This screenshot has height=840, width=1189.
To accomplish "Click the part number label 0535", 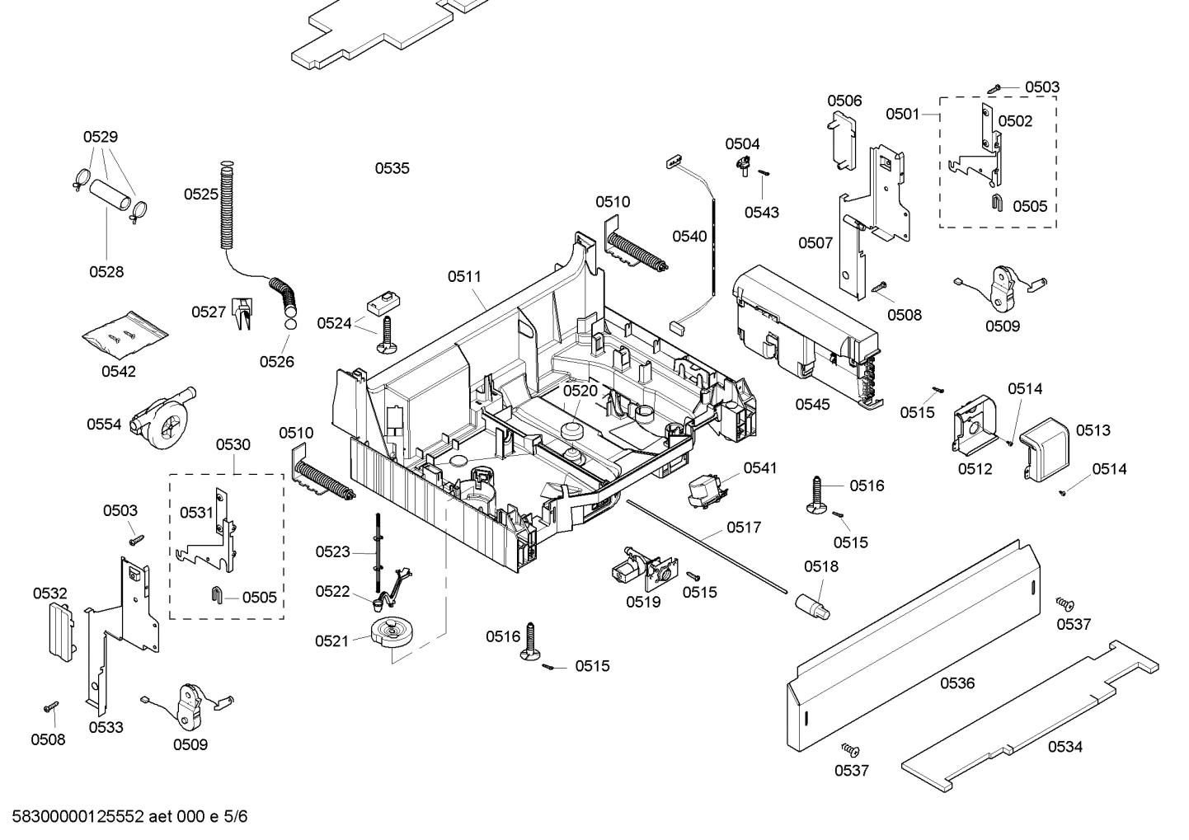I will tap(392, 168).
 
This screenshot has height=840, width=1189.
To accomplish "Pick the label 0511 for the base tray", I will tap(464, 277).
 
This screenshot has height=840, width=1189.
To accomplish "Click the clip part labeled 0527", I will tap(242, 313).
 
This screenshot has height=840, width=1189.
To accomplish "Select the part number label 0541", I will tap(759, 468).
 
